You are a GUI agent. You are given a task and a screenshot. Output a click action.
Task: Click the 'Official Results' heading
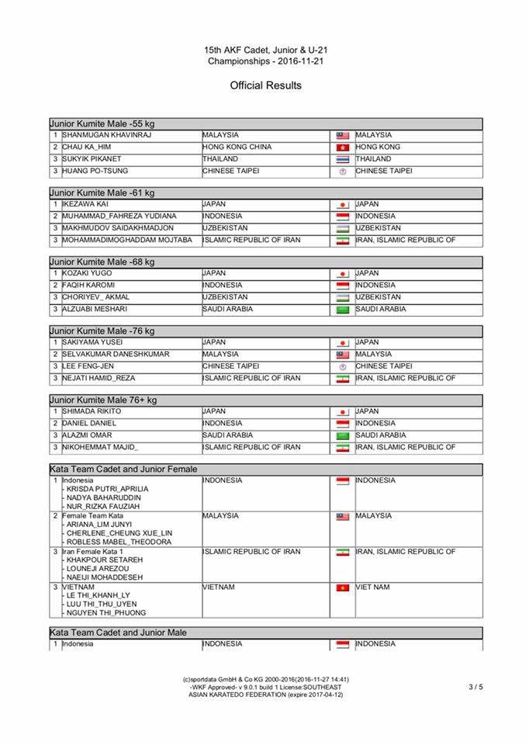point(265,85)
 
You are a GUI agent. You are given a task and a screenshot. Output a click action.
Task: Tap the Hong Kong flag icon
point(342,147)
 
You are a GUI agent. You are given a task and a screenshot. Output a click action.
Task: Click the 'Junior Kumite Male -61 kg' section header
point(102,192)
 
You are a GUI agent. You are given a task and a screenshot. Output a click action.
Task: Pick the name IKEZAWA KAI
point(84,204)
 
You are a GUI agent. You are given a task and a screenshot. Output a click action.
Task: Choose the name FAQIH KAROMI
point(88,285)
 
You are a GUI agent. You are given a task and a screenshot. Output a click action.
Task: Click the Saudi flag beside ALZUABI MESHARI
point(342,310)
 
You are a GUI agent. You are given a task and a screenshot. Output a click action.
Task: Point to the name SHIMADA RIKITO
point(92,411)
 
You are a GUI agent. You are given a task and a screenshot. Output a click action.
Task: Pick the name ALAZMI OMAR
point(87,435)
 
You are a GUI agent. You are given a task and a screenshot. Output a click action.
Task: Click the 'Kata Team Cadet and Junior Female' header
point(123,470)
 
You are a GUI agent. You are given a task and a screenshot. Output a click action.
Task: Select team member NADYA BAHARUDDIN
point(102,498)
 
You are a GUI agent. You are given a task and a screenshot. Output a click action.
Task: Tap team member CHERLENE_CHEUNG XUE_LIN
point(119,533)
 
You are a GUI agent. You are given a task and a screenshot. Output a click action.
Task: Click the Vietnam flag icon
point(342,588)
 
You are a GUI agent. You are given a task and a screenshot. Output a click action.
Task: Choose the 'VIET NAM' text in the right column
point(373,587)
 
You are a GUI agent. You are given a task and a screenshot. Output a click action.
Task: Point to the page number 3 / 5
point(475,687)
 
